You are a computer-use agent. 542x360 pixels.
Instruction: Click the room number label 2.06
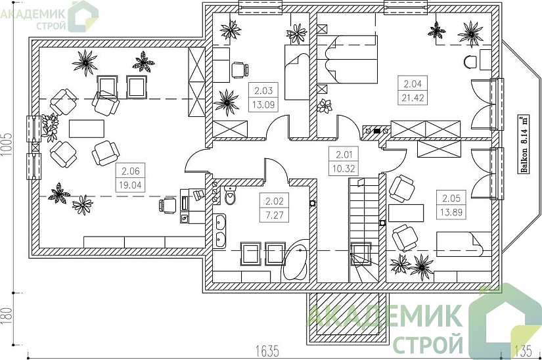coord(131,171)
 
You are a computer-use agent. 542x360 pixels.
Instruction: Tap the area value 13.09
coord(263,104)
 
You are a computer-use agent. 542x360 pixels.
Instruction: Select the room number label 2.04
coord(413,83)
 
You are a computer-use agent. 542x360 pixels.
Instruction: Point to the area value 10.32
coord(344,169)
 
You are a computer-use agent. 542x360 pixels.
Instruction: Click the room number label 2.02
coord(275,201)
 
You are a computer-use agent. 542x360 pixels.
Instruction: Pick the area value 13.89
coord(451,212)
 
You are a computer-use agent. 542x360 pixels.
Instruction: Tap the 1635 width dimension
coord(267,351)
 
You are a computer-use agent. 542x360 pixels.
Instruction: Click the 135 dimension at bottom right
coord(523,351)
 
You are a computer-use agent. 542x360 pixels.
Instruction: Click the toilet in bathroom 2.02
coord(231,196)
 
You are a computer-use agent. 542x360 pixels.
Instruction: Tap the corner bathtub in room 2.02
coord(296,259)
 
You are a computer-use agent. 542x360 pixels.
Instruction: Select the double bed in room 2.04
coord(347,60)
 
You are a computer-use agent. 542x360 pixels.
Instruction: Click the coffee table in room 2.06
coord(87,129)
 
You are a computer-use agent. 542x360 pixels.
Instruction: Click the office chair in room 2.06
coord(168,205)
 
